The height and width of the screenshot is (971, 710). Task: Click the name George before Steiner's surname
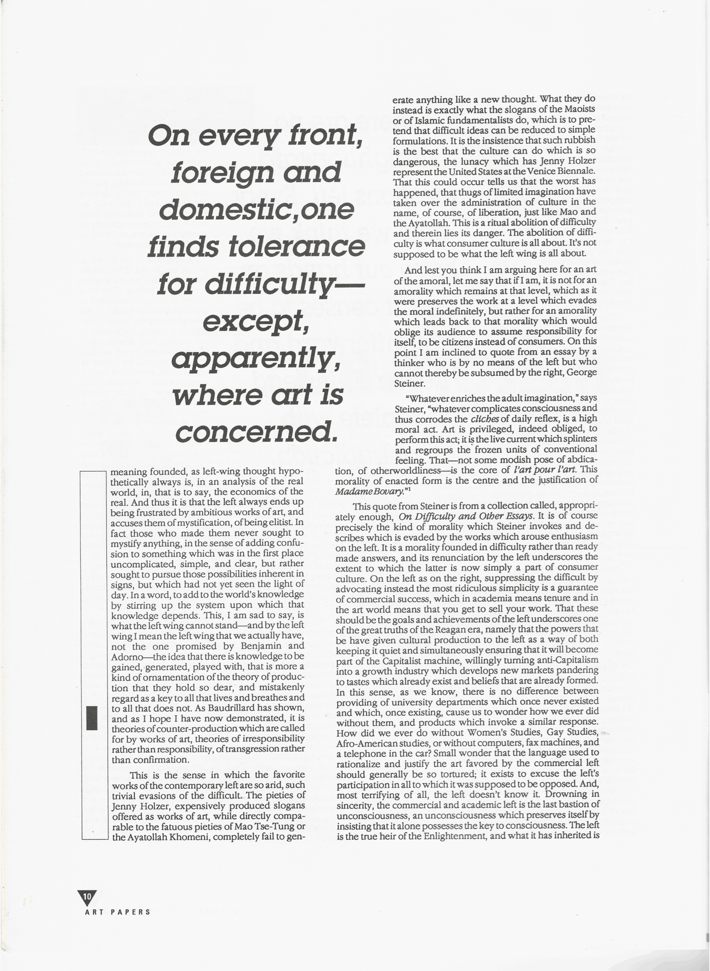point(581,372)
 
